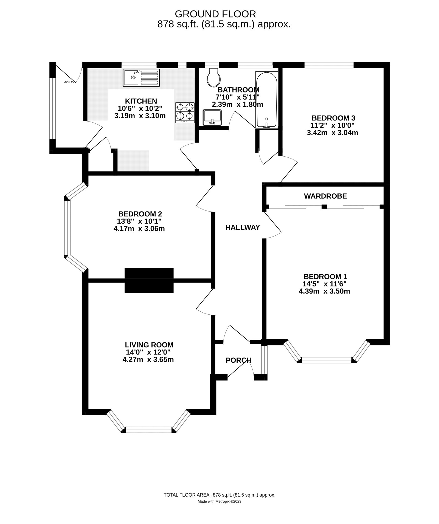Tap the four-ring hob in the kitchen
[185, 112]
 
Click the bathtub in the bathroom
[266, 100]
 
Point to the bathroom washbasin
[212, 117]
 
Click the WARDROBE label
[325, 196]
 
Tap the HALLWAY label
[242, 227]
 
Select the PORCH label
[238, 360]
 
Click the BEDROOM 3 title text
[333, 118]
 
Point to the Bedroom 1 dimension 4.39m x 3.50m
[324, 291]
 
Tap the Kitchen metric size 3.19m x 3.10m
[140, 116]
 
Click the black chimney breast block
[149, 280]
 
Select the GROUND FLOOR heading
[215, 14]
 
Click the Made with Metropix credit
[219, 509]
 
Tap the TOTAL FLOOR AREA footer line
[219, 503]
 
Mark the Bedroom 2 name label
[140, 214]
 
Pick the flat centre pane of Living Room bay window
[149, 430]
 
